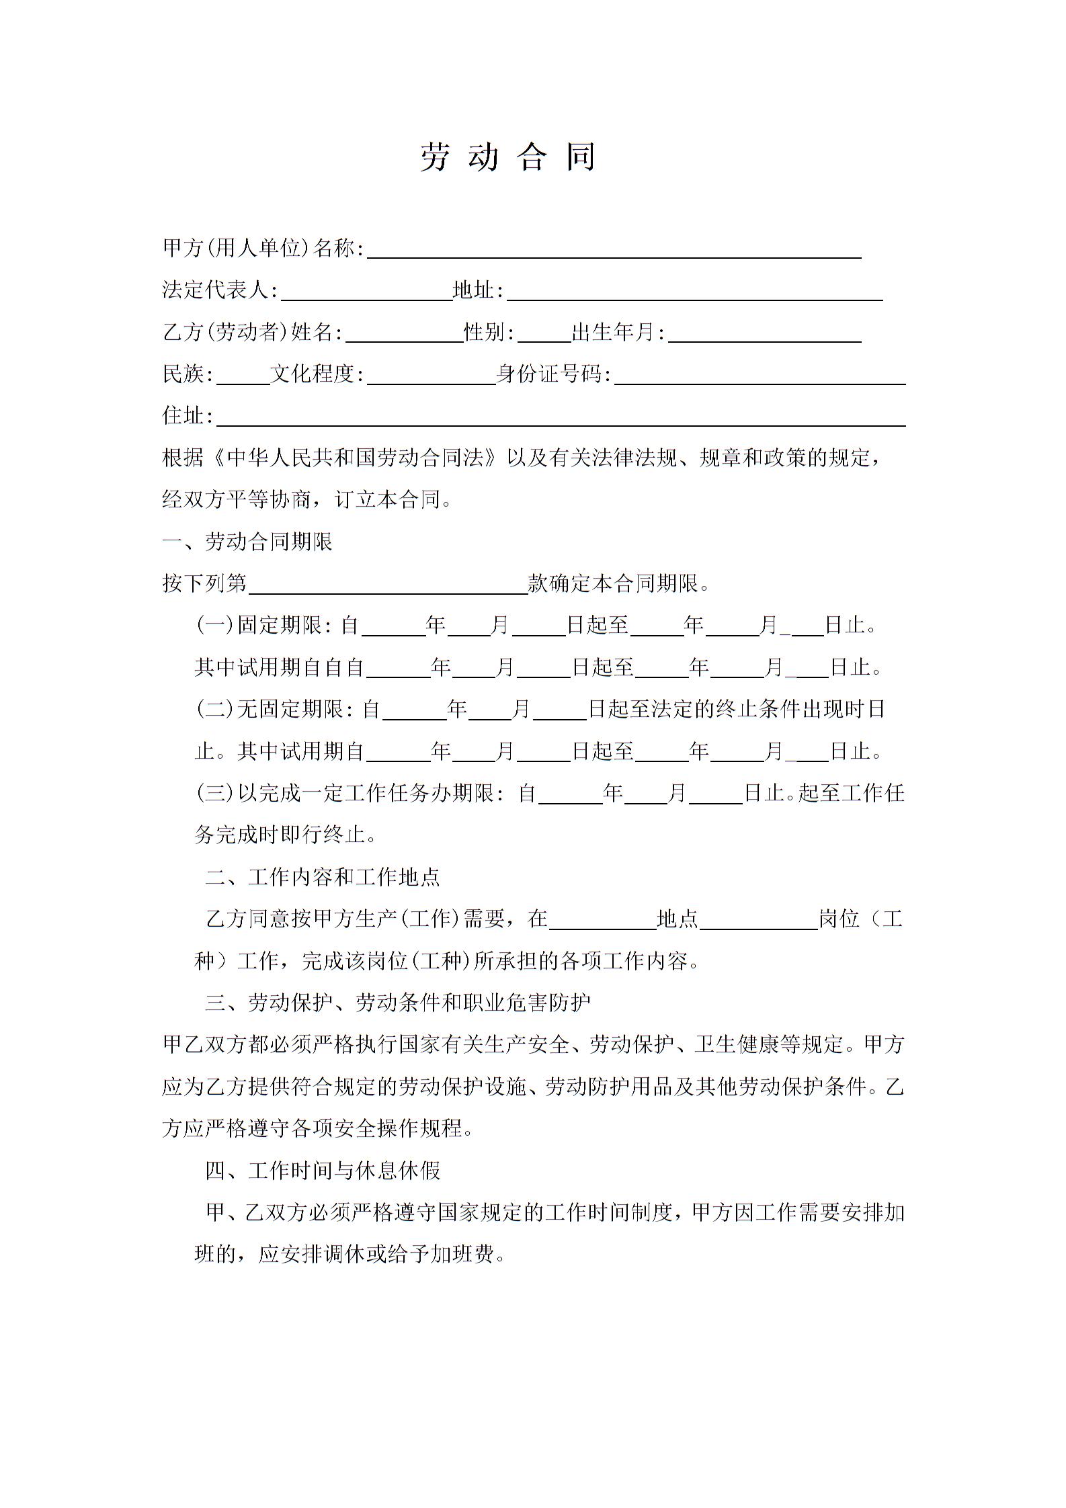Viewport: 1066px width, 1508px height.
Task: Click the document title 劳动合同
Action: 507,157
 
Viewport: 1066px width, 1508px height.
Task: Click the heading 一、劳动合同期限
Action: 247,542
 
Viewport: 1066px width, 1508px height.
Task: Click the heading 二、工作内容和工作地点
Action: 323,876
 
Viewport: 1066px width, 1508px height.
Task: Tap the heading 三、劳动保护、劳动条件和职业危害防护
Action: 398,1003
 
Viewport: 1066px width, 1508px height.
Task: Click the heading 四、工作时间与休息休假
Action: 323,1170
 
